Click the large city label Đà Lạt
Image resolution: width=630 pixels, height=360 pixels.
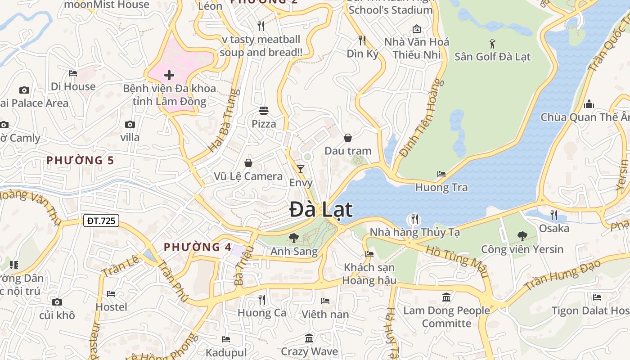pos(321,210)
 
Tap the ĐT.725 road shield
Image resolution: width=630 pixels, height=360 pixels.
pos(101,220)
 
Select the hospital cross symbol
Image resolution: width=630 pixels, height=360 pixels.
pos(169,75)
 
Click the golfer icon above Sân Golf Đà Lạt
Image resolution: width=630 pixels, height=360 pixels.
pos(492,44)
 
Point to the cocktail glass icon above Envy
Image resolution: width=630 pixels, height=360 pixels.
pos(301,169)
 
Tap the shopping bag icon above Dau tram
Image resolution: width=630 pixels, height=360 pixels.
pos(348,137)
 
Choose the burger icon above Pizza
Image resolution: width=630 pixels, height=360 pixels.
pos(264,110)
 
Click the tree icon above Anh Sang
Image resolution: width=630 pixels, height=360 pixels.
pos(294,237)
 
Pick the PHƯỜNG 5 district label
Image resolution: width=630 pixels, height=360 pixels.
pos(80,160)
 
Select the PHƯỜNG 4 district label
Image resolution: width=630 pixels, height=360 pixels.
pos(198,247)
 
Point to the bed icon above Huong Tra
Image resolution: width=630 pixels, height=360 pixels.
pos(441,174)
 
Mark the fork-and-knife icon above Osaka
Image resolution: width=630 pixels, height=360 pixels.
pos(554,215)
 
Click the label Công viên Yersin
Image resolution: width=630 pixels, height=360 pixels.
pos(522,249)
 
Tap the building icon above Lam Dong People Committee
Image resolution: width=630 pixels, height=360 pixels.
pos(447,297)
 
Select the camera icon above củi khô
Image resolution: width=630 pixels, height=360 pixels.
pos(57,302)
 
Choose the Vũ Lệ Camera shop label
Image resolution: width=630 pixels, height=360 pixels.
pos(248,176)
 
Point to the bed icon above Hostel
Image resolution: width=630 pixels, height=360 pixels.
pos(111,294)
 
